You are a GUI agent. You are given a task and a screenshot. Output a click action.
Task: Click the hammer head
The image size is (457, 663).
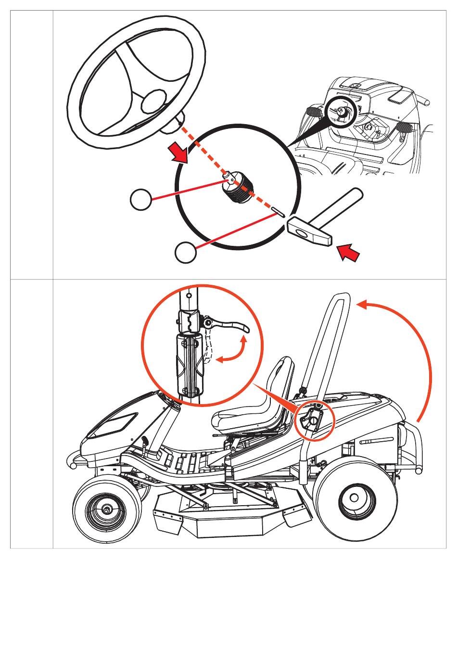pos(309,232)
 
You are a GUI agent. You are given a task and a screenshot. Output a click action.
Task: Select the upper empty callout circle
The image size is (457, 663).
pos(141,199)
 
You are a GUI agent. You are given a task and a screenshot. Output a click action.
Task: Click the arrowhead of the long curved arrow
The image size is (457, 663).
pos(362,305)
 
